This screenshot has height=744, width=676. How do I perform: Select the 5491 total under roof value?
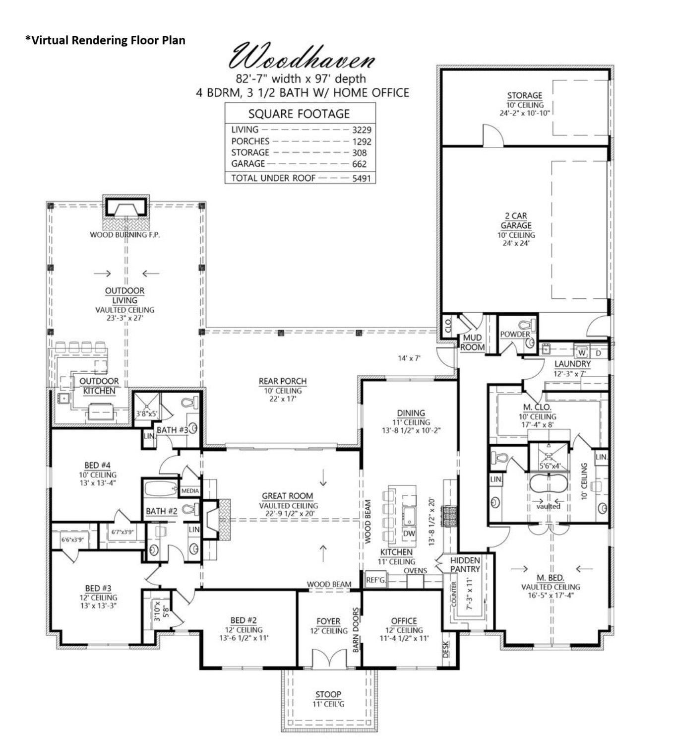[361, 178]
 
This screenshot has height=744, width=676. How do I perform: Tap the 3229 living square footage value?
[362, 130]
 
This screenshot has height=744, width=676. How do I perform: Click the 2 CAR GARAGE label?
[516, 220]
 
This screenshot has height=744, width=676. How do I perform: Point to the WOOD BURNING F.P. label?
[124, 235]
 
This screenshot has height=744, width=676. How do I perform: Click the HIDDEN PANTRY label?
[465, 564]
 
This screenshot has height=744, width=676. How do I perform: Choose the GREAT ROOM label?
[287, 495]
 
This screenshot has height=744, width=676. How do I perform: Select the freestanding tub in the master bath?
[548, 484]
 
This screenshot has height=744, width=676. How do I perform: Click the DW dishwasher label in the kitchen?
[409, 533]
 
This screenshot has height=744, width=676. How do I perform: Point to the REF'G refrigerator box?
[375, 580]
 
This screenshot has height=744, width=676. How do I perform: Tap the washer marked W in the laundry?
[581, 353]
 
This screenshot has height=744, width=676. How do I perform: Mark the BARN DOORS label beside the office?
[356, 630]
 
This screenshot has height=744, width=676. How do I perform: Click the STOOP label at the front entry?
[328, 694]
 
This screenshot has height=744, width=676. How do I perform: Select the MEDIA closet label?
[190, 491]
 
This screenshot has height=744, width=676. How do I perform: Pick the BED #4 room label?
[97, 465]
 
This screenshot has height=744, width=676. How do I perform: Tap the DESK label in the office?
[445, 649]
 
